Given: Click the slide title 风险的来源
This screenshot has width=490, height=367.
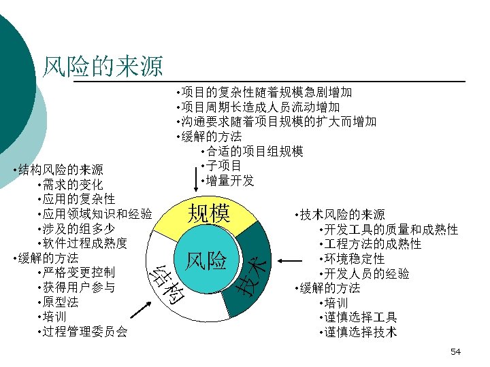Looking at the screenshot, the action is (x=103, y=66).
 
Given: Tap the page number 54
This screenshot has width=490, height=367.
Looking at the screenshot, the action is (x=455, y=351).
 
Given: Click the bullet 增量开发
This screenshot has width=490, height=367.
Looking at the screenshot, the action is (x=231, y=180).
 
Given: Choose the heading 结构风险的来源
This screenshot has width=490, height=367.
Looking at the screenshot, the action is (x=61, y=169).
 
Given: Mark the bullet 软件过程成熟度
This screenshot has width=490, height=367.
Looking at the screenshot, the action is (x=85, y=243).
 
